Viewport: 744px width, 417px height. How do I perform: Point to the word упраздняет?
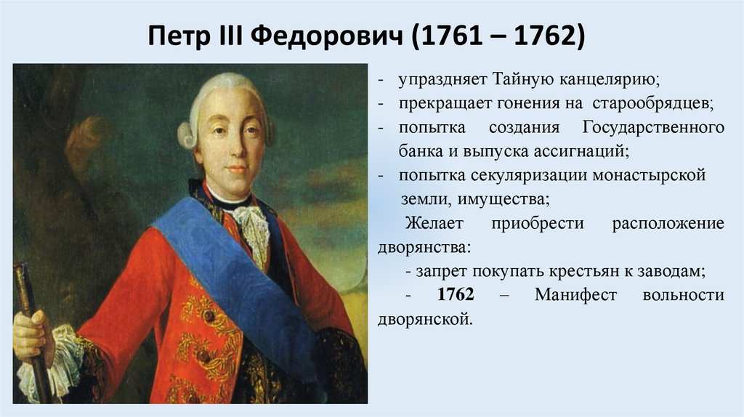point(438,78)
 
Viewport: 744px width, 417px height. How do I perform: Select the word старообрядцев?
point(663,103)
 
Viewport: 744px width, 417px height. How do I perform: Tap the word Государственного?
point(652,128)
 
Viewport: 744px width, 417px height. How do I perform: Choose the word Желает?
point(433,223)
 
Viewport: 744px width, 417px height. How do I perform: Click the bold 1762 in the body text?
point(456,296)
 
